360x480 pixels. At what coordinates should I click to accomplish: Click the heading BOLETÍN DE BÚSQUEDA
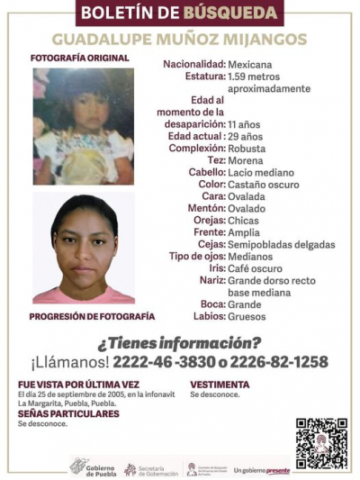(x=180, y=14)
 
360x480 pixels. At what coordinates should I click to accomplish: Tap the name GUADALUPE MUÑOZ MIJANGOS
(x=179, y=40)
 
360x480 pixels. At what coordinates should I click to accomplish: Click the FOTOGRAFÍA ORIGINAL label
(x=79, y=59)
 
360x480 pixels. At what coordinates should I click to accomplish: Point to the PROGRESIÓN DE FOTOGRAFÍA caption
(x=92, y=317)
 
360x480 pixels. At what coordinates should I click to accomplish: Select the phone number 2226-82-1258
(x=282, y=362)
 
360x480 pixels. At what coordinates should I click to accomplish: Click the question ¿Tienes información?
(x=179, y=342)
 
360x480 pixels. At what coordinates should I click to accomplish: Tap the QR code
(x=320, y=443)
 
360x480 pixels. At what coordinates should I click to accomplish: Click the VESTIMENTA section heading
(x=220, y=384)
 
